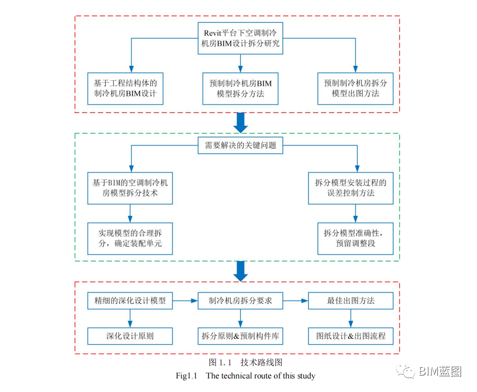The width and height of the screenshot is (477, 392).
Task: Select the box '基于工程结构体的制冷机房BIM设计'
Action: tap(125, 88)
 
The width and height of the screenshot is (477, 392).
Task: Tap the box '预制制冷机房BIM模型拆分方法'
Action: tap(240, 88)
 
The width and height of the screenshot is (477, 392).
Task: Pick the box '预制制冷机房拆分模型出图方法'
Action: tap(355, 88)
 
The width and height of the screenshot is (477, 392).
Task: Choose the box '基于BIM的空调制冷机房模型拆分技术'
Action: tap(130, 188)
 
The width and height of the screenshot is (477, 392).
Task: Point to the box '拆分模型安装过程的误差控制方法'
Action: tap(351, 188)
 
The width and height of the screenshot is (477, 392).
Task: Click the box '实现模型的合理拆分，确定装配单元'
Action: tap(130, 239)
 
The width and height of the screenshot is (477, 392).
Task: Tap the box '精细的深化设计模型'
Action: tap(130, 301)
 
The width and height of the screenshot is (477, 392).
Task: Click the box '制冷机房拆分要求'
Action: tap(240, 301)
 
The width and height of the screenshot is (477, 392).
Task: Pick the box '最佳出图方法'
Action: tap(351, 301)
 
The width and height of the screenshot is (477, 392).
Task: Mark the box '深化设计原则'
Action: tap(130, 335)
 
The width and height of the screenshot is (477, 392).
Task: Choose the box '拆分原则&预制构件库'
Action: tap(240, 335)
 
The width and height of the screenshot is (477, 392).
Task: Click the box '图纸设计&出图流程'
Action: tap(351, 335)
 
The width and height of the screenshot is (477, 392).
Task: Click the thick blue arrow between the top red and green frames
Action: tap(240, 123)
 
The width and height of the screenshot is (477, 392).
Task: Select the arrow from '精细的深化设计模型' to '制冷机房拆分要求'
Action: tap(185, 301)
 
